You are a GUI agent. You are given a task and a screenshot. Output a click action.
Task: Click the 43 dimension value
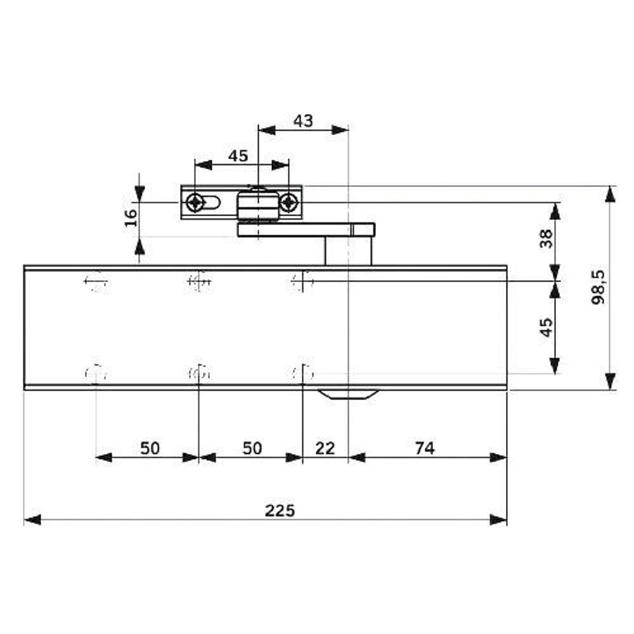coord(303,120)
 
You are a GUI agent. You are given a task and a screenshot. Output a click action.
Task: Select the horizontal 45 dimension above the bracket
coord(238,156)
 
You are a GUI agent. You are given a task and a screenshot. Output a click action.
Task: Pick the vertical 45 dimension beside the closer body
coord(546,327)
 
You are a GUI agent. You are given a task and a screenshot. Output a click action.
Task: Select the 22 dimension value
coord(325,448)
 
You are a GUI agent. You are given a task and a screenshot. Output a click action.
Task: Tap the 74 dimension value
coord(425,448)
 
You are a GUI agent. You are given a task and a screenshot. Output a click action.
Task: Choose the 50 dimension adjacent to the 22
coord(252,448)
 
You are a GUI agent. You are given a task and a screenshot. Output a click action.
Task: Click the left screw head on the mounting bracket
coord(195,203)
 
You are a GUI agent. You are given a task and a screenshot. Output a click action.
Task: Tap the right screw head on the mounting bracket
coord(289,203)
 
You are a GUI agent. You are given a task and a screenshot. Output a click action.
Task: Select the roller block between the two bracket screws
coord(257,205)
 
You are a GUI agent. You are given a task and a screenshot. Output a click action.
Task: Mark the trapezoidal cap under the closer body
coord(348,394)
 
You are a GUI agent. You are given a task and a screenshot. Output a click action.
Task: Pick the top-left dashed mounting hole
coord(96,281)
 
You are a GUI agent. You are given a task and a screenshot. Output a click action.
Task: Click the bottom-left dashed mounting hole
coord(96,374)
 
